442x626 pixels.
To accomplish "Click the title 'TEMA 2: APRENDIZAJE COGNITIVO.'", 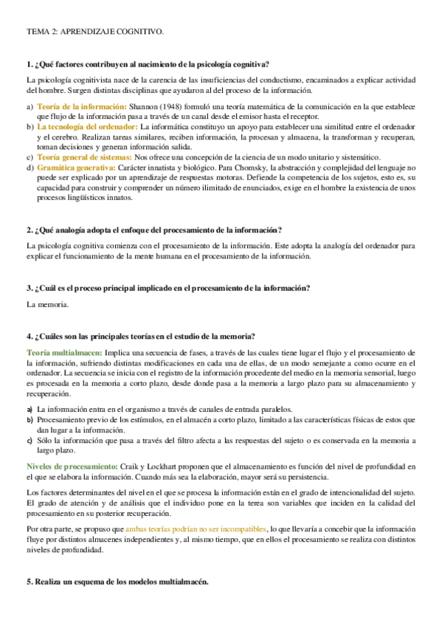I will (x=95, y=32).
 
